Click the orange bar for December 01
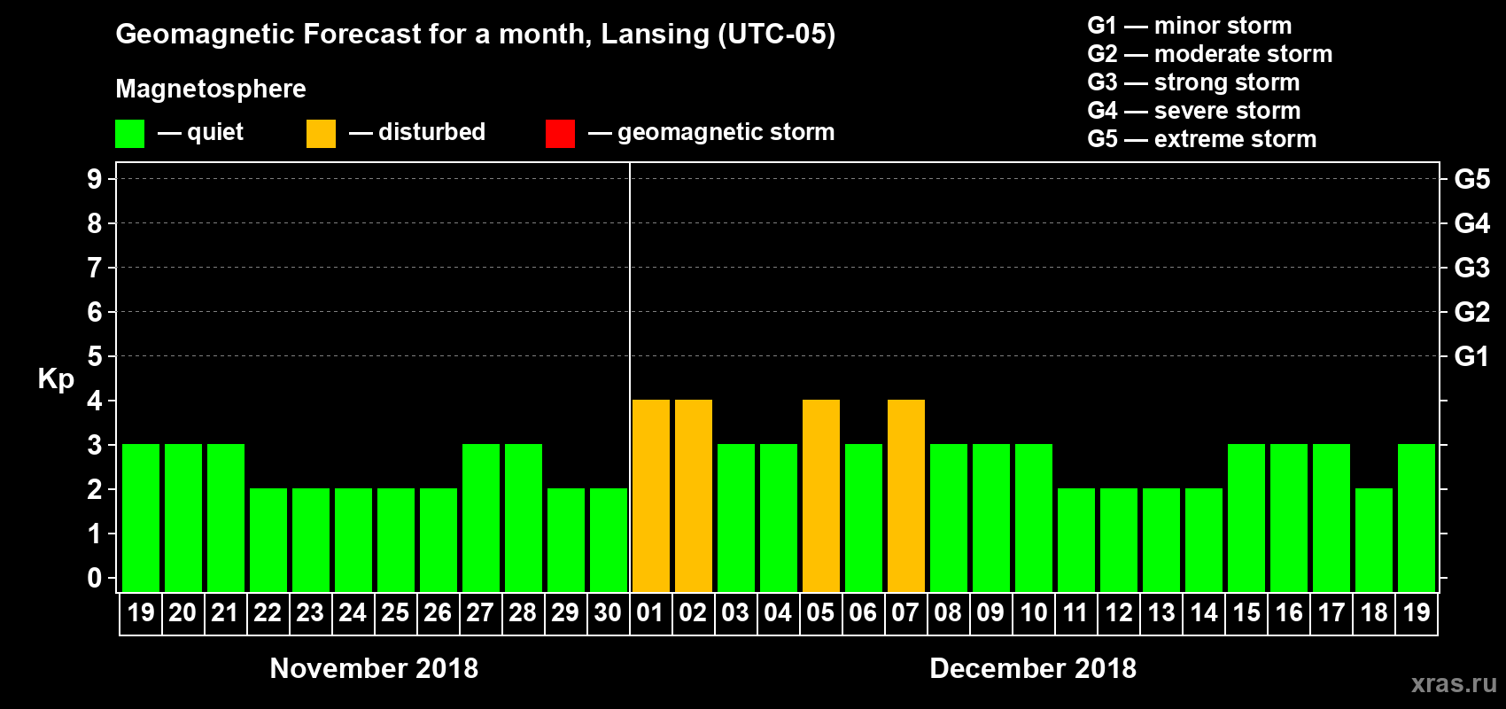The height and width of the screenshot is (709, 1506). click(651, 496)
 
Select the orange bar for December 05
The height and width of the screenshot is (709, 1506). click(821, 496)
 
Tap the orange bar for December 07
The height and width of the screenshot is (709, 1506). click(906, 496)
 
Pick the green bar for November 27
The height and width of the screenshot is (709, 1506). click(481, 518)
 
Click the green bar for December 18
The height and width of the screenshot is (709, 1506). click(1374, 541)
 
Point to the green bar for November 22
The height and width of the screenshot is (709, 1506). click(268, 541)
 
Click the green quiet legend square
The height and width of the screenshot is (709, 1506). click(130, 134)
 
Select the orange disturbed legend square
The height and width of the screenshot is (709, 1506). click(321, 134)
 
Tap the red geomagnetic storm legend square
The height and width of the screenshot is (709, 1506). click(560, 134)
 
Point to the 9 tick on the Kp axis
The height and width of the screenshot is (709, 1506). click(95, 179)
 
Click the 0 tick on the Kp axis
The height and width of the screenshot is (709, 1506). click(95, 579)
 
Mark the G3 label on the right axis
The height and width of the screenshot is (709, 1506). click(1471, 268)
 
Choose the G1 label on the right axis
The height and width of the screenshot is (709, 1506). click(1471, 356)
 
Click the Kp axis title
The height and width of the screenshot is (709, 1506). click(56, 379)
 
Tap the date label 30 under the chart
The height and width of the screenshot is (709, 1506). click(608, 613)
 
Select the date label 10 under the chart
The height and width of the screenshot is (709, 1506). click(1034, 613)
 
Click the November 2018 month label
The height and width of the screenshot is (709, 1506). click(374, 668)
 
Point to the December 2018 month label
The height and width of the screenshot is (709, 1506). click(1033, 668)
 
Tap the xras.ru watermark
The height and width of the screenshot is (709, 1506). click(1454, 683)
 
